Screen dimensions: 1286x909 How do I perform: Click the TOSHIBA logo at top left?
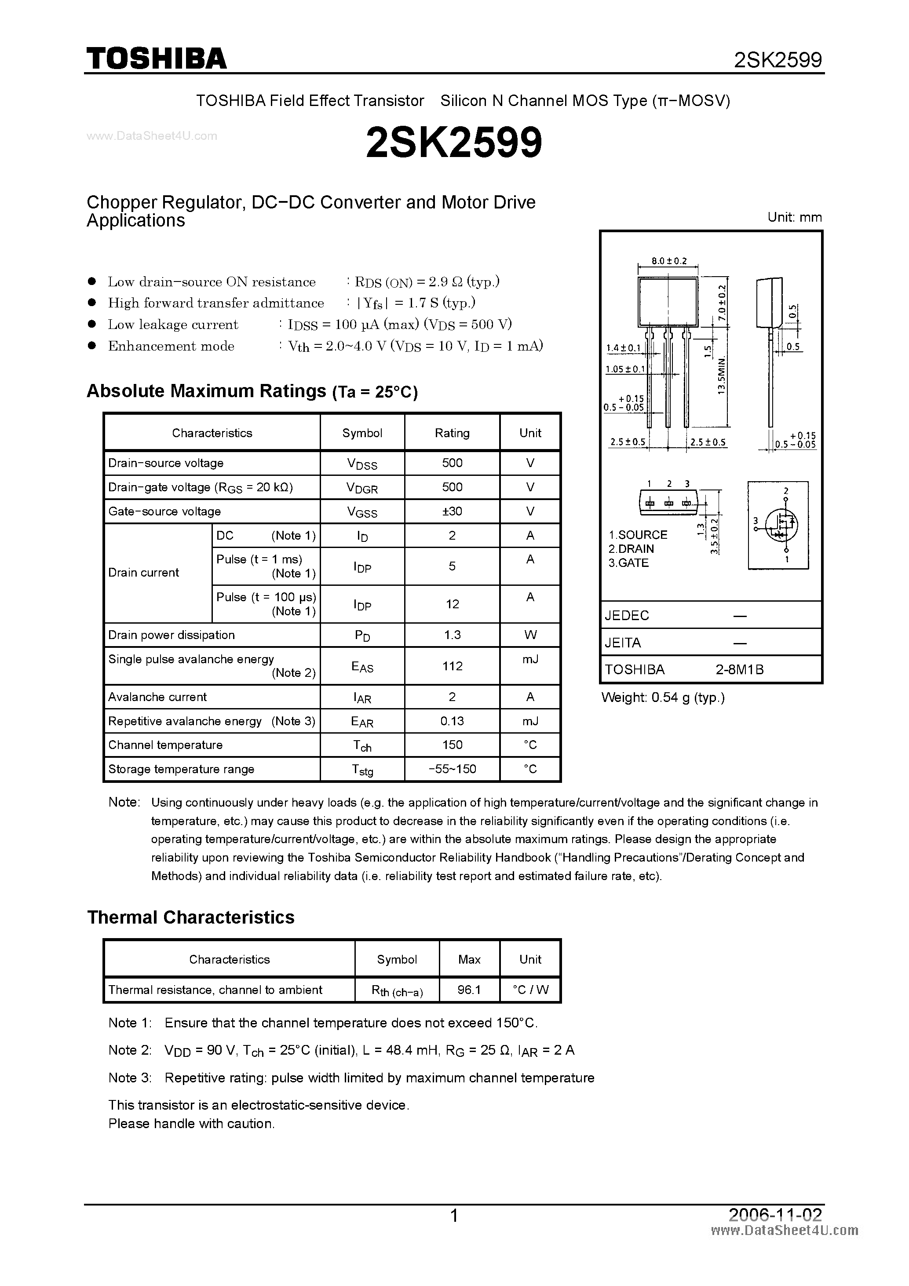[x=156, y=58]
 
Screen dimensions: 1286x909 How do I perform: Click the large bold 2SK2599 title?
[x=454, y=142]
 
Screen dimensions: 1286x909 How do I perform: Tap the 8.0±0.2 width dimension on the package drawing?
[x=669, y=261]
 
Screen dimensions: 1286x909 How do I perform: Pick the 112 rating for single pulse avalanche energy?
[x=452, y=666]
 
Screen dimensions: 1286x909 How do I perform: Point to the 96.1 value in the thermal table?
[x=469, y=990]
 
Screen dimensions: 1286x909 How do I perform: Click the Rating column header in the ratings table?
[x=452, y=433]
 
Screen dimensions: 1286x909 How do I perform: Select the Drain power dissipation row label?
[x=172, y=635]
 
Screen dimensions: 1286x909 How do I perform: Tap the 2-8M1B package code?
[x=739, y=669]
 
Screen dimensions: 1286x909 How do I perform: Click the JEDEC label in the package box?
[x=627, y=616]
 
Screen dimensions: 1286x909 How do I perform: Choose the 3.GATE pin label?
[x=628, y=563]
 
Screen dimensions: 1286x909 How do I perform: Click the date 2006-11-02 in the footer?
[x=775, y=1215]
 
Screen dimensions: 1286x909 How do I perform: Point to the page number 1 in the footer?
[x=454, y=1216]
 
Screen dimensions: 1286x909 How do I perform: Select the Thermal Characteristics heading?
[x=191, y=917]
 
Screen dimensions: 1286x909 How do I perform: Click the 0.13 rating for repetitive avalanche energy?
[x=452, y=721]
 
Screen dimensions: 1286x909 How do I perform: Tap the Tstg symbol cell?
[x=362, y=770]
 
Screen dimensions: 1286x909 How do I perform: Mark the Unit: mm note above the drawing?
[x=794, y=217]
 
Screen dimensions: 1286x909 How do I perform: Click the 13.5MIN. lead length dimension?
[x=721, y=374]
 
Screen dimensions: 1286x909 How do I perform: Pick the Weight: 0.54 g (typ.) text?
[x=663, y=698]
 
